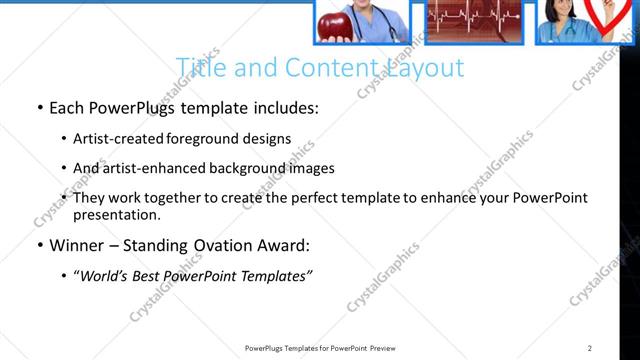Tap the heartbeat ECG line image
[x=474, y=21]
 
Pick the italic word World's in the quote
[x=104, y=276]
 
